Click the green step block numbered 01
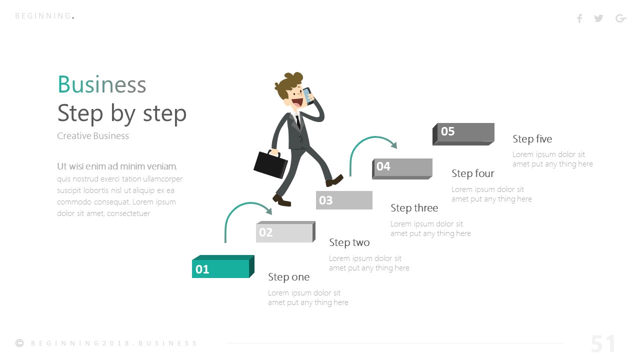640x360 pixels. coord(220,268)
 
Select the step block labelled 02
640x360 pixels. coord(284,232)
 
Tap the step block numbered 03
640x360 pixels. coord(344,200)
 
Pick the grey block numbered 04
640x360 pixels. coord(402,167)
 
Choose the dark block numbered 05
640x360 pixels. coord(463,132)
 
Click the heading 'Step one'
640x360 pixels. coord(288,277)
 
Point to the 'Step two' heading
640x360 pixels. coord(349,242)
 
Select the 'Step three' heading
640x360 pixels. coord(414,208)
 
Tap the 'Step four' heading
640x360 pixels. coord(472,173)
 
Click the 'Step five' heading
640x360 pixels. coord(532,139)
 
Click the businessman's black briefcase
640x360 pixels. coord(270,163)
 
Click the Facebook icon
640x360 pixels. coord(579,18)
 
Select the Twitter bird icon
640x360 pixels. coord(598,18)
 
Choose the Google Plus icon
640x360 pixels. coord(620,18)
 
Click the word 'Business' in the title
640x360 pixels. coord(102,84)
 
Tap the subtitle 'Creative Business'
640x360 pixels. coord(93,136)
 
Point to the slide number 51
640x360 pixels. coord(603,344)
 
